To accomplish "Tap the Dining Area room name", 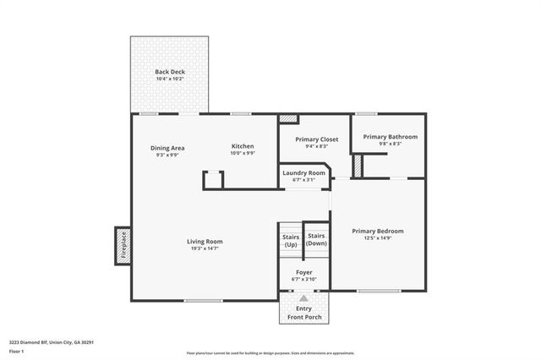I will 167,147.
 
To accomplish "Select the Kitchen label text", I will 243,146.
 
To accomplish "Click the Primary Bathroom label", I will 390,136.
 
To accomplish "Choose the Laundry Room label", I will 303,172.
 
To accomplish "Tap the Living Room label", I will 205,241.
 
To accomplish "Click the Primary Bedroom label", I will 378,231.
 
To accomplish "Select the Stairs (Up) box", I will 290,241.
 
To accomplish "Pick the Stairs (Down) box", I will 316,239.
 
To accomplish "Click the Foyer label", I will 303,272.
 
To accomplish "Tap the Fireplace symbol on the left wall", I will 123,245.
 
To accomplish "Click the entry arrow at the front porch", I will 303,297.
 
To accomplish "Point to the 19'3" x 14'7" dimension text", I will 205,248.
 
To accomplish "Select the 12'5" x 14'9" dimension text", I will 378,238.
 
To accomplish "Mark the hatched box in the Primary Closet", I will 289,119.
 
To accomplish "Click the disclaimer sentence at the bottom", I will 270,353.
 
